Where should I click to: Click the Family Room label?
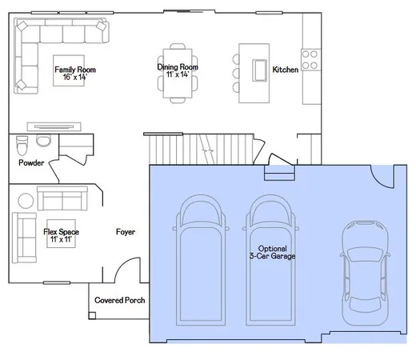(x=70, y=70)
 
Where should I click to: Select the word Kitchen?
(x=286, y=70)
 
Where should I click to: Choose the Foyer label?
(x=126, y=232)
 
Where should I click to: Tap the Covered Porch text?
(x=119, y=300)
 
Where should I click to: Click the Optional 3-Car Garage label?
(x=271, y=253)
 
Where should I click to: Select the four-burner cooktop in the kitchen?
(x=309, y=60)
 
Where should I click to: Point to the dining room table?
(x=178, y=71)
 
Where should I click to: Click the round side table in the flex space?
(x=26, y=199)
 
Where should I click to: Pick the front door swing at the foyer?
(x=126, y=272)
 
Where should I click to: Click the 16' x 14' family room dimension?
(x=70, y=78)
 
